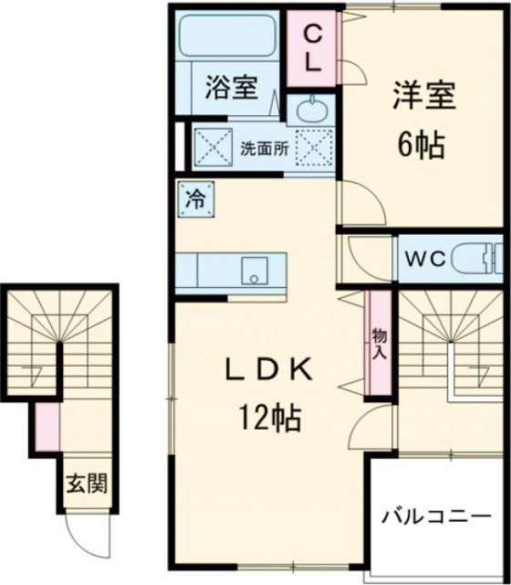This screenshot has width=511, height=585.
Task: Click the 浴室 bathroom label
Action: point(231,89)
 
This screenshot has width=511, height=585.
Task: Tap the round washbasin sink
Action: point(312,112)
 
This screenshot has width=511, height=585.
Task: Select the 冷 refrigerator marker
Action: point(196,197)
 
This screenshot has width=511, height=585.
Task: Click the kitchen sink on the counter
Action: point(252,270)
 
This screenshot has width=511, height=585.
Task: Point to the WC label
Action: point(426,260)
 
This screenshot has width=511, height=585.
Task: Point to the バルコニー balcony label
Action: point(443,516)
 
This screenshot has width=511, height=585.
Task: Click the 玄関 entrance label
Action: point(87,484)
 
